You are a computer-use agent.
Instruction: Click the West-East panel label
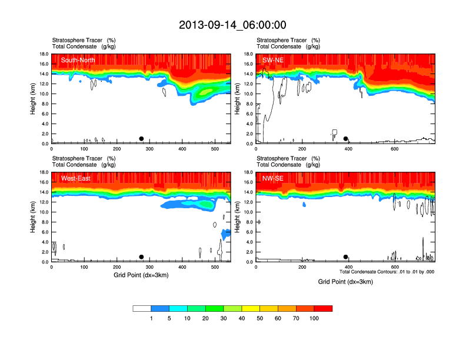point(75,178)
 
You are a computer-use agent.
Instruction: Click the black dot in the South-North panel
point(141,139)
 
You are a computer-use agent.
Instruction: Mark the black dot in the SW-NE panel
point(346,139)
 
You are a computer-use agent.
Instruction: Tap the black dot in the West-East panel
point(141,257)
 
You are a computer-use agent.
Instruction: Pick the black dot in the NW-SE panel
point(346,257)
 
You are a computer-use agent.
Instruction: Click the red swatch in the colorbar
point(323,308)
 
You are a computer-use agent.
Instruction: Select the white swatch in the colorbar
point(142,308)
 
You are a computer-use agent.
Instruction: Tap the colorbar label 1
point(151,318)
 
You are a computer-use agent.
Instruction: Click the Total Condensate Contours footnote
point(387,272)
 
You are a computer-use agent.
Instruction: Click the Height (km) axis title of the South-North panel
point(33,99)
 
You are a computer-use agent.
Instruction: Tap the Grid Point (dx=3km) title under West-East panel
point(141,275)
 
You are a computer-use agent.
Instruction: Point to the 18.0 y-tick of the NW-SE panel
point(249,172)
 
